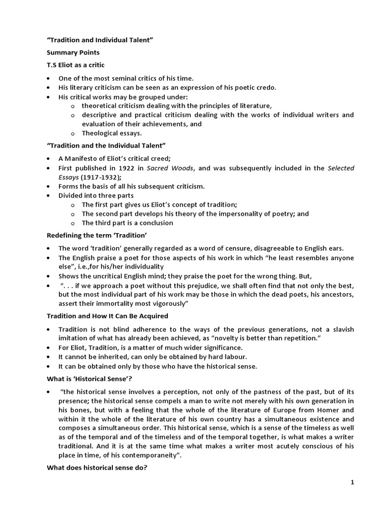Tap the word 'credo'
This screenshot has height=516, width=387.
[265, 87]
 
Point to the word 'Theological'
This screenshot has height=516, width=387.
[101, 133]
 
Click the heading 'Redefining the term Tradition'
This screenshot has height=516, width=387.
[97, 235]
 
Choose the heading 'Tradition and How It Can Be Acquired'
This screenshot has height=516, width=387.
[107, 316]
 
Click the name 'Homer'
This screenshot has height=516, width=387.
[342, 410]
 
